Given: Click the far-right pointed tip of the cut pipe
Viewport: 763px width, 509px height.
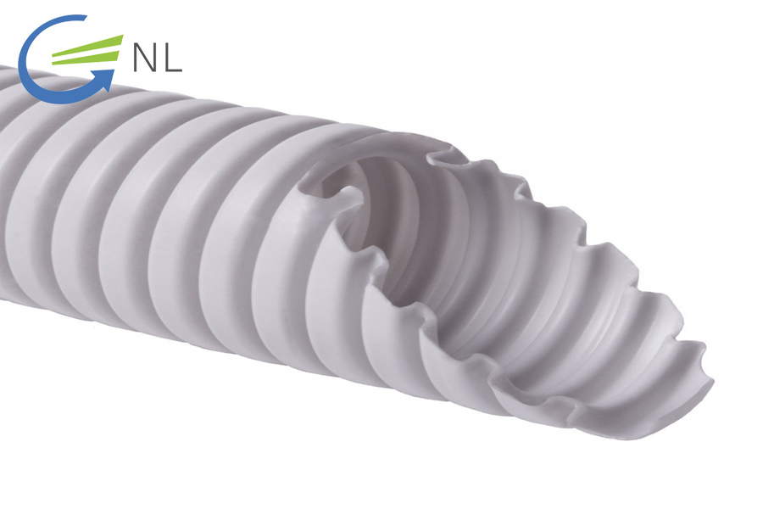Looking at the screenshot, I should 709,378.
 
